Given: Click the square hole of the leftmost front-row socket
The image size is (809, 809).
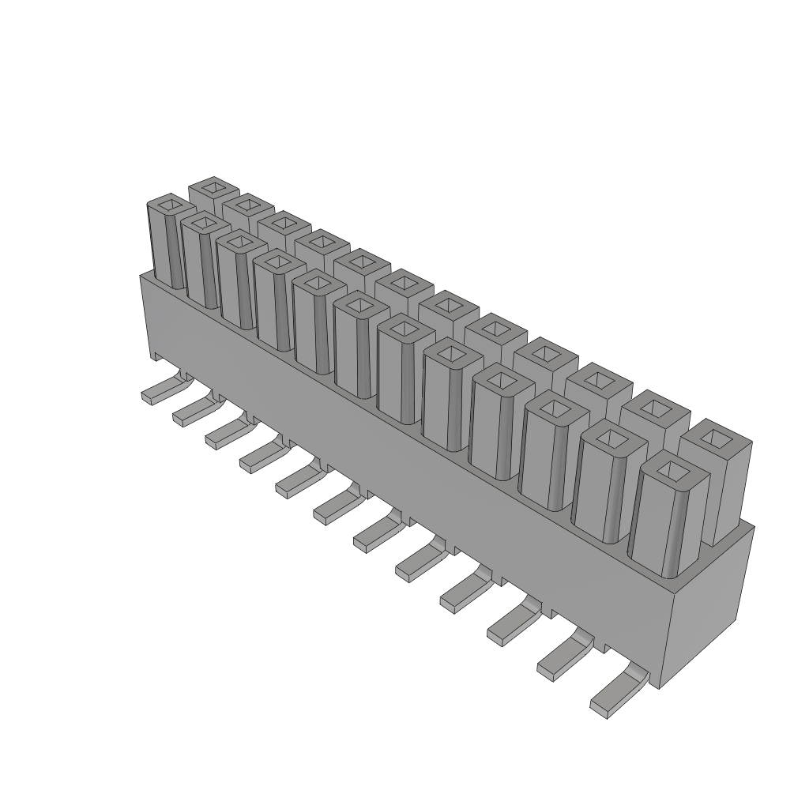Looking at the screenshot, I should point(167,206).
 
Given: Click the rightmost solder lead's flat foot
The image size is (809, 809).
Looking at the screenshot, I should point(612,698).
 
